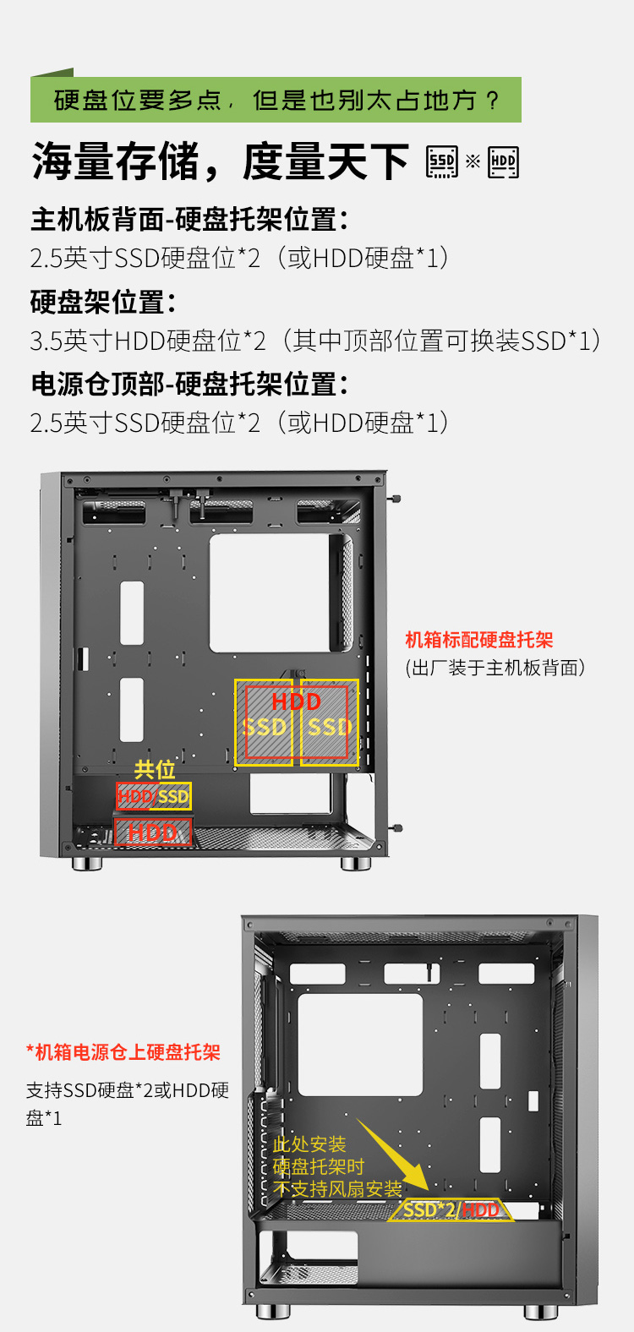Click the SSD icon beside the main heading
click(442, 161)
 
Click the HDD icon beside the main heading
click(503, 161)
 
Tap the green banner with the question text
click(276, 99)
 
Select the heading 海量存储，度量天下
click(220, 161)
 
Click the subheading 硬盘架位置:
click(103, 302)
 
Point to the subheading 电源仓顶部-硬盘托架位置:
click(189, 384)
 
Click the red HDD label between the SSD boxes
click(296, 701)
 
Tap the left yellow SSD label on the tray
click(265, 727)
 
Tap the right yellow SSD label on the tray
click(330, 727)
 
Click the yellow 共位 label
click(155, 769)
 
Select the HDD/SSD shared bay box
click(154, 795)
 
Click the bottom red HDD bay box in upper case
click(153, 832)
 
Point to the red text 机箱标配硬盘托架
click(479, 640)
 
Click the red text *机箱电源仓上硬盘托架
click(123, 1052)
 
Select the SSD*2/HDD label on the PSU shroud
click(451, 1209)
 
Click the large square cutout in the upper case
click(270, 592)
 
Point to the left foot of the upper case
click(87, 863)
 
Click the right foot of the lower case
click(540, 1311)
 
